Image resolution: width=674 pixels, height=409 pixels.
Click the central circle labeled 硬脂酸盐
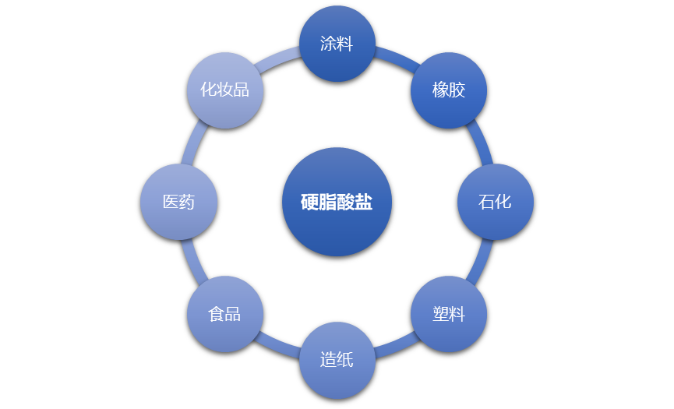337,202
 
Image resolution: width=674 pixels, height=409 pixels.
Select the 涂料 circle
337,44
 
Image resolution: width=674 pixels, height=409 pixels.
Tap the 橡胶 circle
449,90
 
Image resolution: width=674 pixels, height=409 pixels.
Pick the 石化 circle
496,202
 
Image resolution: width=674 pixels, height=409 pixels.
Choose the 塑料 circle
449,314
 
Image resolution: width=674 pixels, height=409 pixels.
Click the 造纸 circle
337,360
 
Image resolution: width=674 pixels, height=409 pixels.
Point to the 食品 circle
225,314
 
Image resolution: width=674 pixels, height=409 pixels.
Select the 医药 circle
178,202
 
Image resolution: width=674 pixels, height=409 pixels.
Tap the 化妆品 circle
225,90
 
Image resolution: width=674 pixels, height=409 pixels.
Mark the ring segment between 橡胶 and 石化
481,143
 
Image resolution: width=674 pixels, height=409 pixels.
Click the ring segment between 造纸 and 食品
278,347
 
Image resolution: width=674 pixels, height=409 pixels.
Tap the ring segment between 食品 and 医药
193,261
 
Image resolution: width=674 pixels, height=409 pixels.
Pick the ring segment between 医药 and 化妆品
194,143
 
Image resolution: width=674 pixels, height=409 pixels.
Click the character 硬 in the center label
309,203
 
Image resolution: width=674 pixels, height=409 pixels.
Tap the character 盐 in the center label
364,203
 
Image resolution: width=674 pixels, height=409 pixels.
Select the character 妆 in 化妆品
225,90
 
